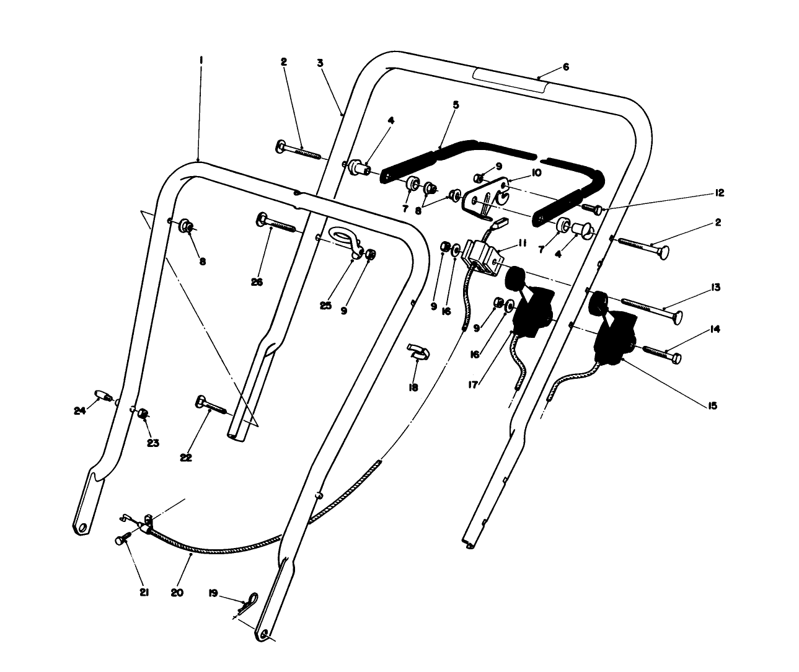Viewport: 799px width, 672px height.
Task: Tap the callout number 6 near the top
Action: (x=565, y=67)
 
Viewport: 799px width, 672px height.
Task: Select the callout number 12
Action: (x=719, y=193)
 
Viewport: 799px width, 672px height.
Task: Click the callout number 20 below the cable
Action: (x=177, y=593)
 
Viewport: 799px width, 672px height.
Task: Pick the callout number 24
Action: (x=78, y=410)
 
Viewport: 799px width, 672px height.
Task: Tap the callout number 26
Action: (x=257, y=283)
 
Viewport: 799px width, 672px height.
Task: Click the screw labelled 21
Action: (x=122, y=540)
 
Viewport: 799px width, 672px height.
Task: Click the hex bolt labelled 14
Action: (x=661, y=355)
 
